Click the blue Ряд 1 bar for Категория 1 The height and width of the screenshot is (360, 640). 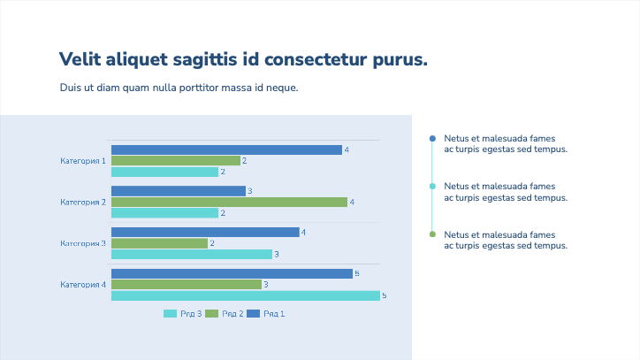[226, 149]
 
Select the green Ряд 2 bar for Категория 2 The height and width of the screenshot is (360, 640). [229, 202]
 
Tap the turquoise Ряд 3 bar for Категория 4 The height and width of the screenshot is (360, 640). [245, 295]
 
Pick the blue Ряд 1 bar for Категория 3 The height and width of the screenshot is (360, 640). [205, 233]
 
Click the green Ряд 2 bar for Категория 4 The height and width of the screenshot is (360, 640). [186, 285]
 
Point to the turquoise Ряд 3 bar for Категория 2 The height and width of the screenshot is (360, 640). [164, 213]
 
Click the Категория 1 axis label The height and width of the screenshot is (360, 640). [83, 161]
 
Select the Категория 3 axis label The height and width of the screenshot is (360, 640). [83, 243]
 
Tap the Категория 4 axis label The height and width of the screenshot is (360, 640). [83, 285]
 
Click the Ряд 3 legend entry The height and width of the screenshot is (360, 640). [183, 314]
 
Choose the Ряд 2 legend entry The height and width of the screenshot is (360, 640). [225, 314]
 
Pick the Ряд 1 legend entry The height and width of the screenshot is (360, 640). [266, 314]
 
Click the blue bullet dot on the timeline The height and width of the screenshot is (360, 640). [432, 139]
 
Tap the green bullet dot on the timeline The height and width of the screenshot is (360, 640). [432, 234]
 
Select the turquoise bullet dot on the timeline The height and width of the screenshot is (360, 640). [432, 187]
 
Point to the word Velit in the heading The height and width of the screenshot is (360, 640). [80, 60]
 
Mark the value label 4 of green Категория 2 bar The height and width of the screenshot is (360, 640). [352, 203]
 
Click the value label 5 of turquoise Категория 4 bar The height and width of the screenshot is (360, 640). [384, 295]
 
